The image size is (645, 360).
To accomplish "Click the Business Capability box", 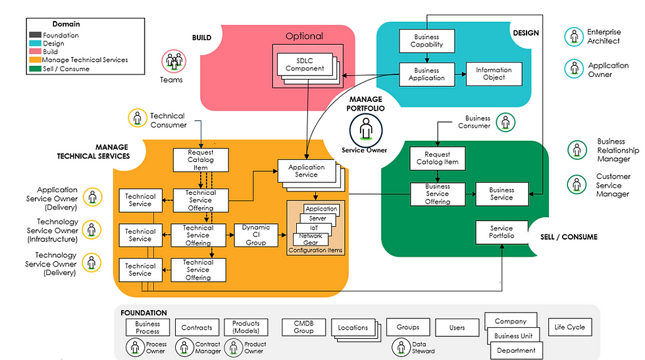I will click(427, 41).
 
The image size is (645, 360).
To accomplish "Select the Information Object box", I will click(494, 74).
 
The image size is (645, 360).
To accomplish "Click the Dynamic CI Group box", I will click(256, 235).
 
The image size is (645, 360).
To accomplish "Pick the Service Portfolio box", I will click(502, 232).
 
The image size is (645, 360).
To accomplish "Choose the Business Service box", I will click(502, 193).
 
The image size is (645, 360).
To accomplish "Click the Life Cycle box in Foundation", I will click(569, 327).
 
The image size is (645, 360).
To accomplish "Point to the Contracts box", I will click(197, 327).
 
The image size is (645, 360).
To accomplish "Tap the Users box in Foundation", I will click(457, 327).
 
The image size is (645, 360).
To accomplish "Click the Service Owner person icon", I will click(365, 129).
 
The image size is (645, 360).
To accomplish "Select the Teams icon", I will click(174, 62).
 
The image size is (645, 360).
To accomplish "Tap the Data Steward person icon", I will click(401, 346).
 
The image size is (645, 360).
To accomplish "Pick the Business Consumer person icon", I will click(505, 121).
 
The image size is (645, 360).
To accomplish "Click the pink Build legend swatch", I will click(34, 51).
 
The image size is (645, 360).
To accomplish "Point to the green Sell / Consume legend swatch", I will click(34, 68).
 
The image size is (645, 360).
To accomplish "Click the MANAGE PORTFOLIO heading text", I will click(366, 103).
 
